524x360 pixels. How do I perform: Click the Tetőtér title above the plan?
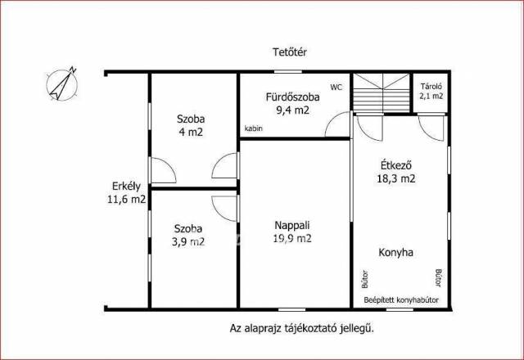pos(290,52)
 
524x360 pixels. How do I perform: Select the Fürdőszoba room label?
pos(293,97)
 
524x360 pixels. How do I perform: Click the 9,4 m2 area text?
pos(293,110)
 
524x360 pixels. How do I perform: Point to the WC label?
pos(337,88)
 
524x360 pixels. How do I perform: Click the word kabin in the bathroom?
pos(254,128)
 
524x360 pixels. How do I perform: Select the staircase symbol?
pos(382,92)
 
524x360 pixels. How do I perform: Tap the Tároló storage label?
pos(431,87)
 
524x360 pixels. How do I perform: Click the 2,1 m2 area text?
pos(431,97)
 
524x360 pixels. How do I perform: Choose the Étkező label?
pos(396,165)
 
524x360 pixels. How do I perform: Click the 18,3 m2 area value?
pos(396,179)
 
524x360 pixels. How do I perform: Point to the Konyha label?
pos(396,253)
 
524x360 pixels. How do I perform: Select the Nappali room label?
pos(292,226)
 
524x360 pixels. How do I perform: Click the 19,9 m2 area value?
pos(292,238)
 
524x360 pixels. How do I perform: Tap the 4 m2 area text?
pos(191,133)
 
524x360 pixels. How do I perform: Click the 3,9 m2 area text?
pos(188,242)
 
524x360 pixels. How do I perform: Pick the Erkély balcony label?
pos(126,187)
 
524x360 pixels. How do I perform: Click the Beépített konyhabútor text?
pos(401,300)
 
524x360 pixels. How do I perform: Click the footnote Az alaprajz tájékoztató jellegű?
pos(302,329)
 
